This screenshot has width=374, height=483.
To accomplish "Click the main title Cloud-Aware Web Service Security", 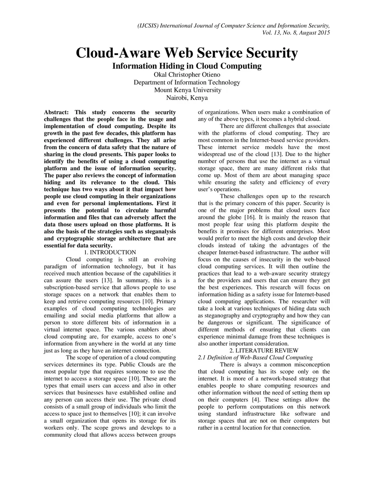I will click(x=187, y=53).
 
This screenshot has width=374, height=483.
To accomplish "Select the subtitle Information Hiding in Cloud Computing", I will click(x=187, y=66).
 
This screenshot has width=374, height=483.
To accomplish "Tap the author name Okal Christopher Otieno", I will click(x=187, y=74).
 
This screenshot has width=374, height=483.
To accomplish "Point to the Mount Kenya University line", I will click(x=187, y=90).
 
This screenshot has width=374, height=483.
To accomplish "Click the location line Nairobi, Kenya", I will click(x=187, y=98).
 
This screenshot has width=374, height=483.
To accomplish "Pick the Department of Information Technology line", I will click(x=187, y=82).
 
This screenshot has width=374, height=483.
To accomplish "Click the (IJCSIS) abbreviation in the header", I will click(x=148, y=26).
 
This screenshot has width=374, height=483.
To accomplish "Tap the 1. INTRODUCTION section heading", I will click(x=110, y=252).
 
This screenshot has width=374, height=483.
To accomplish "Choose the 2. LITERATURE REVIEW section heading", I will click(x=264, y=351).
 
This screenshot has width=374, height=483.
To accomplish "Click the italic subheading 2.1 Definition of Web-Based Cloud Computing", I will click(x=255, y=358).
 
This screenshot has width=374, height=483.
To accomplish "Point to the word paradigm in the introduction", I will click(x=56, y=266).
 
